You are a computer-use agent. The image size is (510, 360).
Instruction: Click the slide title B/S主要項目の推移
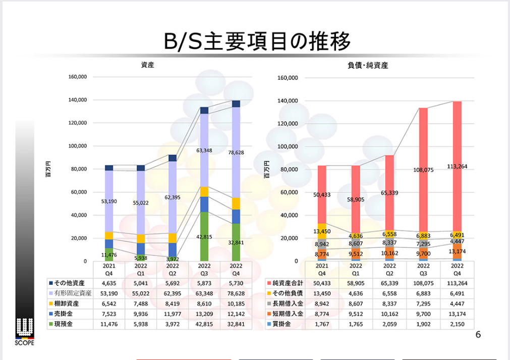(257, 42)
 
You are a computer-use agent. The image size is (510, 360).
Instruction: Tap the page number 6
(478, 335)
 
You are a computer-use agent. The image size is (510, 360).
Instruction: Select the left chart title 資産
(147, 65)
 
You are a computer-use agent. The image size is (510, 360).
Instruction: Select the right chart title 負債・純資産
(368, 66)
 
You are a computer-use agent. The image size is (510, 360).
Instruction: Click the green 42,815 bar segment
(204, 237)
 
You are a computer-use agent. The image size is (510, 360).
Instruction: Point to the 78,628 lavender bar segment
(236, 152)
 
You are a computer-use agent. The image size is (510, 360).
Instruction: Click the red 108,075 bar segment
(423, 170)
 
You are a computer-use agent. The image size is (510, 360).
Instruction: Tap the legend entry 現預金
(61, 324)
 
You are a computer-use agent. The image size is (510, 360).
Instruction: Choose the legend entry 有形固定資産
(70, 293)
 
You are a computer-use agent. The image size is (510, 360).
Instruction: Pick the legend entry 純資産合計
(285, 283)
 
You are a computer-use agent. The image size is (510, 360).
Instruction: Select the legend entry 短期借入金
(285, 314)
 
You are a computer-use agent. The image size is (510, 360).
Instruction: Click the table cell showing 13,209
(204, 314)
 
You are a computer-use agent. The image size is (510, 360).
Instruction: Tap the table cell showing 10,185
(236, 303)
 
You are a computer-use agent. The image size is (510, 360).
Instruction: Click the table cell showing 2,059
(389, 324)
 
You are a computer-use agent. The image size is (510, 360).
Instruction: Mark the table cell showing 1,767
(322, 324)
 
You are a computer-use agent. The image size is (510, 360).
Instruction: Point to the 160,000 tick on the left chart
(77, 77)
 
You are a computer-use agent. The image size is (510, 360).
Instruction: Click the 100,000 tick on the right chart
(288, 146)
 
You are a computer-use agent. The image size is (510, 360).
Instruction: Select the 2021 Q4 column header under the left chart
(109, 270)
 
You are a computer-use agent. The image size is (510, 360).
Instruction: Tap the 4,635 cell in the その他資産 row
(109, 283)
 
